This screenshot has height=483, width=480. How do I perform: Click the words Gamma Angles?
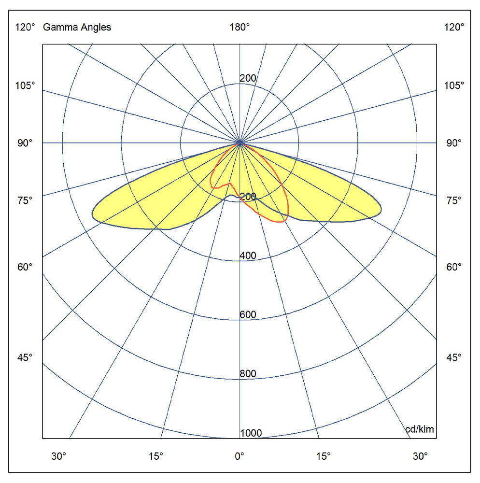pos(77,28)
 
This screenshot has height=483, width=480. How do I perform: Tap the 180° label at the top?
pos(240,28)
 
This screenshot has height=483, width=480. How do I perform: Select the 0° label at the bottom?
pos(240,456)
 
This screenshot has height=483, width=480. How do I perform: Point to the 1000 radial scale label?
pos(251,433)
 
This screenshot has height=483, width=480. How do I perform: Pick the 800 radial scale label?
pos(248,374)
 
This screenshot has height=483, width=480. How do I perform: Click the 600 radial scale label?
pos(248,315)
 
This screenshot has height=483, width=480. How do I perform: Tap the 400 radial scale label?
pos(248,256)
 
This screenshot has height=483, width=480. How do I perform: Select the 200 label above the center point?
pos(248,79)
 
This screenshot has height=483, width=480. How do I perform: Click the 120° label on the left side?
pos(26,28)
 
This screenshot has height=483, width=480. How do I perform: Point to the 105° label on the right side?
pos(454,85)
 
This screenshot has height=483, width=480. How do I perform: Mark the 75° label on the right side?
pos(454,200)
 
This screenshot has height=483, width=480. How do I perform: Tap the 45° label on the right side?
pos(454,358)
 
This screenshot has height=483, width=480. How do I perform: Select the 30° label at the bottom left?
pos(59,456)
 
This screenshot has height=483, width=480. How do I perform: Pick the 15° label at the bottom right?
pos(324,456)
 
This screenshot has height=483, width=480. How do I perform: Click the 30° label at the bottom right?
pos(420,456)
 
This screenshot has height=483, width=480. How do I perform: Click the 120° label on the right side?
pos(454,28)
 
